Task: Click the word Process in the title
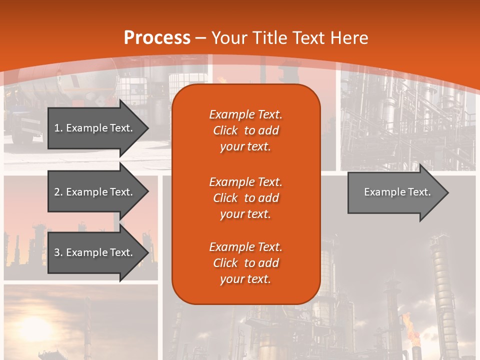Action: [157, 38]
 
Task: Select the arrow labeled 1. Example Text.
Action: [93, 128]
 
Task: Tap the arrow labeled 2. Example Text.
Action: [93, 192]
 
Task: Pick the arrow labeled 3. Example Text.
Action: [93, 252]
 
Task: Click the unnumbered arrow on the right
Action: [397, 192]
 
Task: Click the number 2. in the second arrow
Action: [58, 192]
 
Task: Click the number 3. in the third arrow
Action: [58, 252]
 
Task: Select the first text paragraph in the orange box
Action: [245, 130]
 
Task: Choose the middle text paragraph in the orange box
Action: [245, 198]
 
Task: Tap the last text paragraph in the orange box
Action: [245, 263]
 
